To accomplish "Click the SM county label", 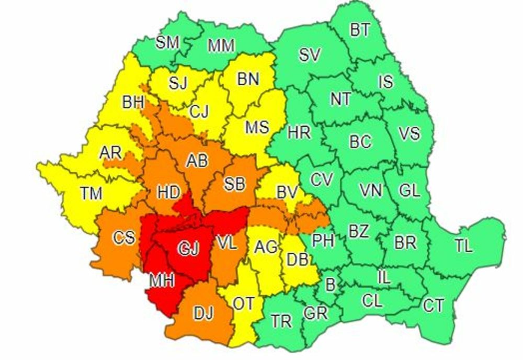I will (168, 42).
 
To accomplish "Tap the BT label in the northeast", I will (360, 30).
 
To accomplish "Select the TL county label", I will (463, 245).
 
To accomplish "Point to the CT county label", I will (434, 305).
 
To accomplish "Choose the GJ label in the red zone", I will (189, 249).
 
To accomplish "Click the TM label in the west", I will (92, 193).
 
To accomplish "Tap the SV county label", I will (310, 55).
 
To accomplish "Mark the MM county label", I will (221, 46).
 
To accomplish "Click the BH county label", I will (133, 102).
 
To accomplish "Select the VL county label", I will (228, 243).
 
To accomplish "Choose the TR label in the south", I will (282, 321).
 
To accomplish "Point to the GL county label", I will (410, 190).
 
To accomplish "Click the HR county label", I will (299, 132).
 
